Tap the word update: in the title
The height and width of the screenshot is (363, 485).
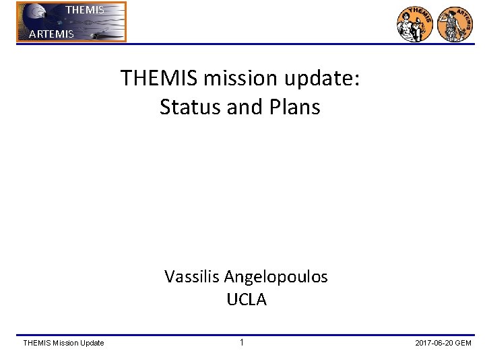323,79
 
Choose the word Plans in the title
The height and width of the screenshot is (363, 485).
294,107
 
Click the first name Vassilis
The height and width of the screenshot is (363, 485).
191,276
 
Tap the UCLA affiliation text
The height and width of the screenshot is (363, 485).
247,300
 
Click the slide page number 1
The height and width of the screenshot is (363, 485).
241,343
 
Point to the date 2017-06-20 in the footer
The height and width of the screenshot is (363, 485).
434,344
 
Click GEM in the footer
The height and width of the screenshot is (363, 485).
463,344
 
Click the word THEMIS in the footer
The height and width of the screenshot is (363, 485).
37,344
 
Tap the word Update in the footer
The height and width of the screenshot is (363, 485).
93,344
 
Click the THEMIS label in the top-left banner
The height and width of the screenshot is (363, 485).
86,10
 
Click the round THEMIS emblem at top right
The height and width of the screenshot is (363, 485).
415,24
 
